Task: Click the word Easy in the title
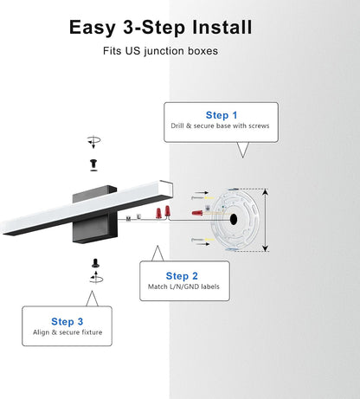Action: (x=93, y=28)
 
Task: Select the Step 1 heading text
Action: (x=222, y=115)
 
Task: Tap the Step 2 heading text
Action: (x=182, y=276)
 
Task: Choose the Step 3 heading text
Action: (x=67, y=321)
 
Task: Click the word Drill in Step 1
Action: (x=177, y=125)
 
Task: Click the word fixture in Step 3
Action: (x=92, y=332)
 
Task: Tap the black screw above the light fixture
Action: (x=93, y=164)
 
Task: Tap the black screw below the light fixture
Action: (x=96, y=263)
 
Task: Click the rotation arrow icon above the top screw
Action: (x=93, y=142)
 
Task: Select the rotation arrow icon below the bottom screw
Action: (x=96, y=278)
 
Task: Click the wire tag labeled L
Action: (x=138, y=216)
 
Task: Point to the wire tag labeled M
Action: (x=129, y=219)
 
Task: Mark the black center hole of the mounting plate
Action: (x=234, y=220)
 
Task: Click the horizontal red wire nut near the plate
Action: (x=197, y=213)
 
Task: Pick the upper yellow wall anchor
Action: (x=209, y=198)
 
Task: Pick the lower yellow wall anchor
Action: (x=209, y=240)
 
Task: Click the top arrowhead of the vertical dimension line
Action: (x=266, y=191)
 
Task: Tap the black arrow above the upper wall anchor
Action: (x=202, y=192)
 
